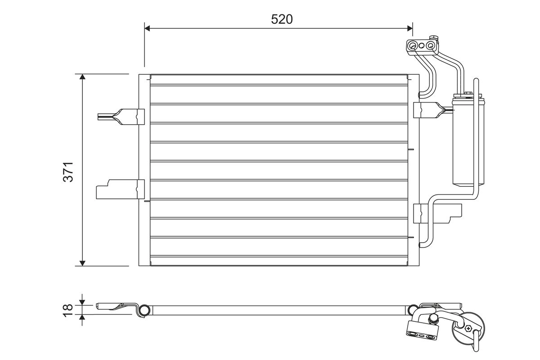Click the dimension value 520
pyautogui.click(x=282, y=19)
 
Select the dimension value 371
pyautogui.click(x=68, y=172)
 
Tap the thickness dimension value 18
pyautogui.click(x=68, y=310)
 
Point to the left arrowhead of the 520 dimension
pyautogui.click(x=147, y=28)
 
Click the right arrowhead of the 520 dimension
pyautogui.click(x=409, y=28)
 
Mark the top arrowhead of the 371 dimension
pyautogui.click(x=82, y=76)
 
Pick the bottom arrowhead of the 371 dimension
pyautogui.click(x=82, y=263)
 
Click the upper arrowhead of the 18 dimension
pyautogui.click(x=82, y=302)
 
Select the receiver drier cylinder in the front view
pyautogui.click(x=468, y=142)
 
